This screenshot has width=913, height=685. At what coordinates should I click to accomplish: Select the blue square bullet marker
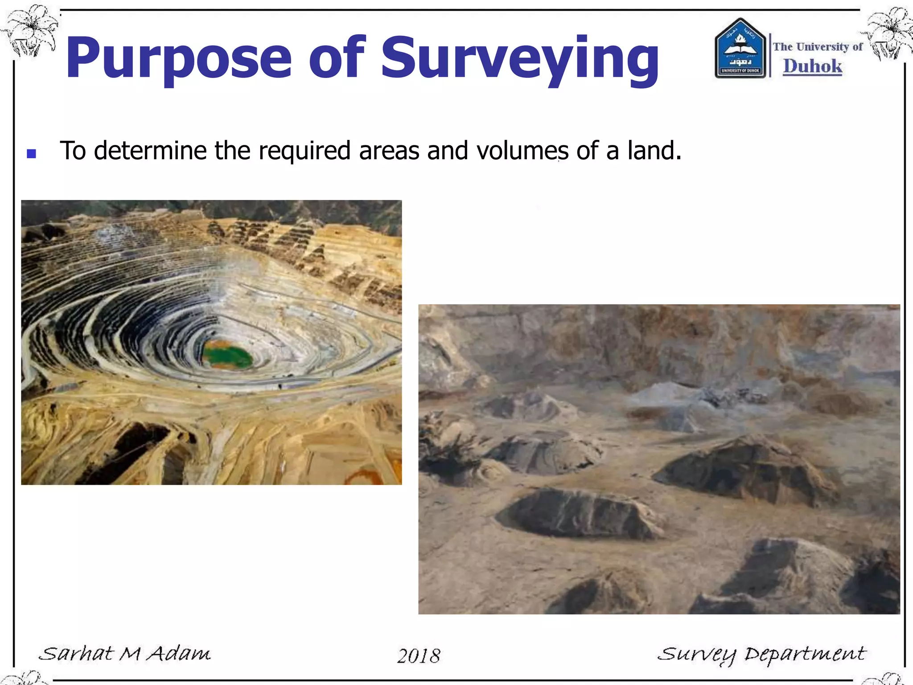point(31,154)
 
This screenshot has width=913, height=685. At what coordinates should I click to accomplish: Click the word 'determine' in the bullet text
point(150,150)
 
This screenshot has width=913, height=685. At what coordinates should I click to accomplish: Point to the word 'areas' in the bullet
point(389,150)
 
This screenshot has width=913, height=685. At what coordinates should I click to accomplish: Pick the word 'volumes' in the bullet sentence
point(522,150)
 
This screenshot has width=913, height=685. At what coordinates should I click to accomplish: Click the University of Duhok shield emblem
point(740,49)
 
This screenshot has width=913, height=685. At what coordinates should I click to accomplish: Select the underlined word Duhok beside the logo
point(813,66)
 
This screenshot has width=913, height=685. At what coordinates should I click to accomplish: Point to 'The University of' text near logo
point(818,47)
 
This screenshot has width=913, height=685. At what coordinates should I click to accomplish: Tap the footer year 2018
point(419,656)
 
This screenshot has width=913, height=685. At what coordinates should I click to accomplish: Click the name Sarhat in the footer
point(76,654)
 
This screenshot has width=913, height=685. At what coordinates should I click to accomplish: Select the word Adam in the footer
point(179,654)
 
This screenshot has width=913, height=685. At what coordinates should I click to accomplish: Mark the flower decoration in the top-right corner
point(887,33)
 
